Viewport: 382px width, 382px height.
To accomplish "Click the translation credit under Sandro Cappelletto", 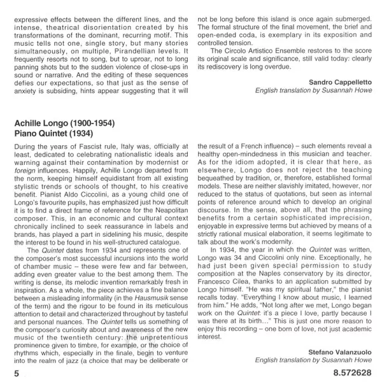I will point(317,90).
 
